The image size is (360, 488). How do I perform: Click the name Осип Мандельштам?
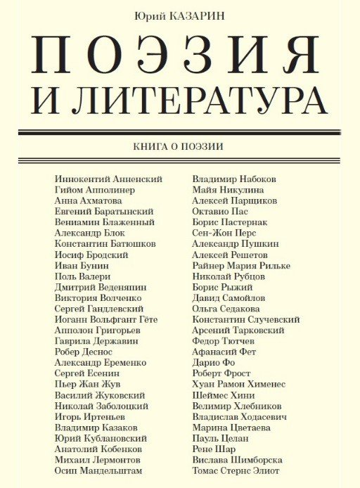pos(98,470)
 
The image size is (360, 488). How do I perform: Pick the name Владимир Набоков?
pos(234,179)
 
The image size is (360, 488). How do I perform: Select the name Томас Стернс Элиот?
pos(236,470)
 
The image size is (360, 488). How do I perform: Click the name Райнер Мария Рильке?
pos(241,266)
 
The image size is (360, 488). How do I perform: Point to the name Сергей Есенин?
pos(87,373)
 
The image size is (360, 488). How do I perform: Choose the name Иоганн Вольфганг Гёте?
pos(104,319)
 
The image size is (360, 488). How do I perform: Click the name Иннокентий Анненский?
pos(108,179)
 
